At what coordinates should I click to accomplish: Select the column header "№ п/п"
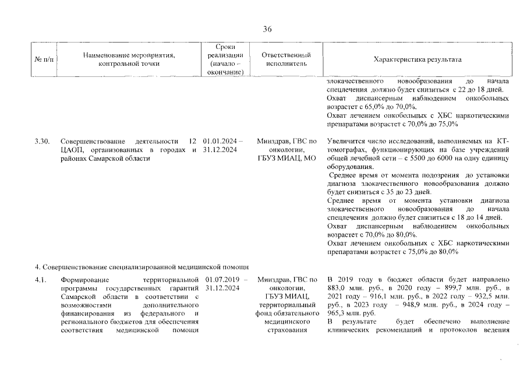click(44, 60)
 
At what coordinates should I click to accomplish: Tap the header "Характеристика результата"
click(418, 60)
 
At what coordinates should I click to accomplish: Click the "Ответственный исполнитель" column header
click(285, 60)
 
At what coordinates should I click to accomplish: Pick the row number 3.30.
click(42, 141)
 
